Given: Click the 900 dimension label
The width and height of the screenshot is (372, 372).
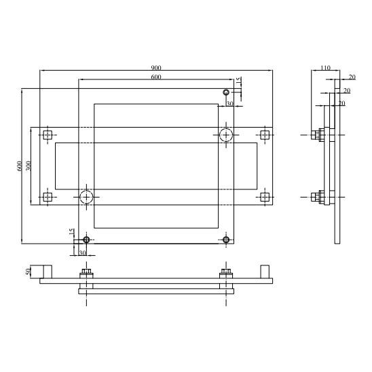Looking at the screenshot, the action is (156, 68).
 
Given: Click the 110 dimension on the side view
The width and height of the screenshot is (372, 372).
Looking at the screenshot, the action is (325, 68).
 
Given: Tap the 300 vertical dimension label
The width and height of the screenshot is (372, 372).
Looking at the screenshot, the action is (29, 166).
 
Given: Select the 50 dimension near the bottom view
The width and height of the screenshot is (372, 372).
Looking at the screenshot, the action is (29, 272).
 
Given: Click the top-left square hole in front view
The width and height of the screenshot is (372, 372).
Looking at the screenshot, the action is (48, 135).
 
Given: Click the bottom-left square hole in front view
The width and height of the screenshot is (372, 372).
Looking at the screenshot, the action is (48, 197).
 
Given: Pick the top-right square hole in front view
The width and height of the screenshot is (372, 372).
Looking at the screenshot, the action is (265, 135).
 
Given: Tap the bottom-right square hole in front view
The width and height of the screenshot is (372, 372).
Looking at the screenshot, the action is (265, 197).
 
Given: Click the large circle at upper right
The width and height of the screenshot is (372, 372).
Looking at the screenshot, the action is (226, 128).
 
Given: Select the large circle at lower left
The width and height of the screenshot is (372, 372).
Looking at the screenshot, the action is (86, 190).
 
